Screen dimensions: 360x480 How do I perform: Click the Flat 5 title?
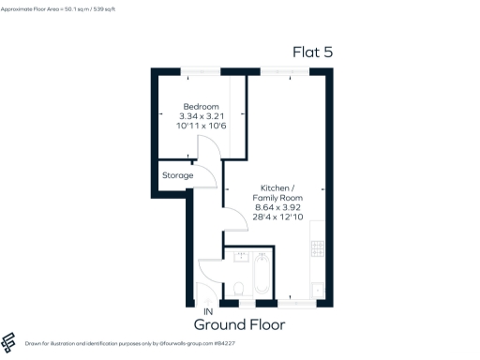[x=312, y=52]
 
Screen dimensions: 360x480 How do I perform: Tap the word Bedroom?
[x=200, y=106]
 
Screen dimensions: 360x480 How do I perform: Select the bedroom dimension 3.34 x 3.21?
[x=200, y=115]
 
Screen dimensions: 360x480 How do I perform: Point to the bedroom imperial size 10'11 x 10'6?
[x=200, y=125]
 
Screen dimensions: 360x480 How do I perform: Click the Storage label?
[x=177, y=175]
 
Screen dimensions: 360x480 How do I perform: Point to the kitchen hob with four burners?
[x=317, y=249]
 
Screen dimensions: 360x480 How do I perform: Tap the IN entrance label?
[x=208, y=312]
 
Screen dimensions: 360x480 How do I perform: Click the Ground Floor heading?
[x=239, y=325]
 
